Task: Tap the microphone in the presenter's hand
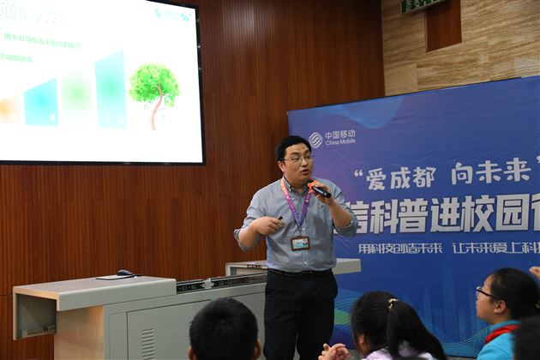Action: point(319,190)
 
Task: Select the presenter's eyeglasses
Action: point(298,159)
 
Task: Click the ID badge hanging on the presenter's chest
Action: point(300,243)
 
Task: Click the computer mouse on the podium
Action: point(126,273)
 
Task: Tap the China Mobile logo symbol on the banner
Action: point(316,139)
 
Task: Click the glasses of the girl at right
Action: point(485,294)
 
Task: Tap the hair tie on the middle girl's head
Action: point(392,303)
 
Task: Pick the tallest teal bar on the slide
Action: point(111,89)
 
